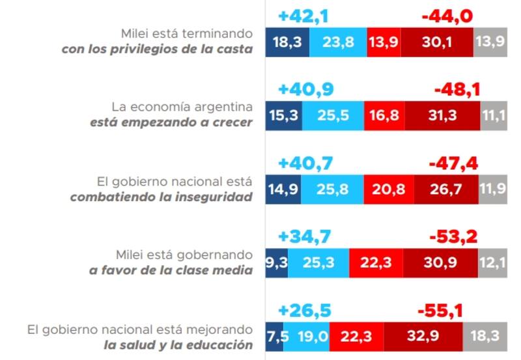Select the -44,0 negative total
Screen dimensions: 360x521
447,16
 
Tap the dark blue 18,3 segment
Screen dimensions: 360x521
287,43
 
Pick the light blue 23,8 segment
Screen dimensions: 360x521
338,43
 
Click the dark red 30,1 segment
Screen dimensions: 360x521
436,43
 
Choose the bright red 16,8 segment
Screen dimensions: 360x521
383,116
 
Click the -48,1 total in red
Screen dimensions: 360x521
457,89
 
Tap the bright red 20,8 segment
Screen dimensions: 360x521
388,191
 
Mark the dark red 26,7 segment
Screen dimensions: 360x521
446,191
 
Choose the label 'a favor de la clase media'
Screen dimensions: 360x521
171,271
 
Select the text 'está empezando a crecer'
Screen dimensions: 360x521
171,122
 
